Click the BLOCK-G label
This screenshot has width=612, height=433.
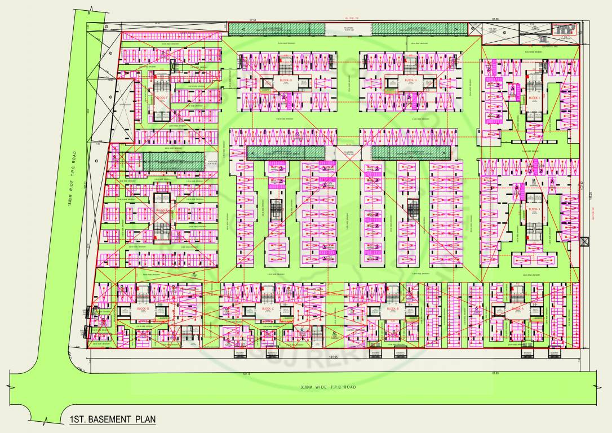[x=286, y=81]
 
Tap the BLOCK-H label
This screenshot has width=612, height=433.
[x=410, y=81]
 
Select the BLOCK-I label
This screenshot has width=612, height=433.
[x=534, y=98]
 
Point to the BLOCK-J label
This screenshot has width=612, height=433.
[x=534, y=209]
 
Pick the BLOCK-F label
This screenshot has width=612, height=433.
[x=162, y=98]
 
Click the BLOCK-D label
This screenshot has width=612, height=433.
[x=143, y=309]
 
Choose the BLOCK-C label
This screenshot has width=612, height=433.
[x=268, y=309]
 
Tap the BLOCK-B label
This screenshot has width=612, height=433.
[x=393, y=309]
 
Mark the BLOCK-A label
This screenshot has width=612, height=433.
[x=517, y=309]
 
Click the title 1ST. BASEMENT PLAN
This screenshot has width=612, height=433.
[x=112, y=419]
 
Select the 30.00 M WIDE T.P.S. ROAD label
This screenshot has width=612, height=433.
[x=329, y=387]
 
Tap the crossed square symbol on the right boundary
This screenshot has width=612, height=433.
[x=585, y=241]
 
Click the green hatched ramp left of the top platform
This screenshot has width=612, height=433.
[x=284, y=28]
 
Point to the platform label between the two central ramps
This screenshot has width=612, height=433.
[x=348, y=152]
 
